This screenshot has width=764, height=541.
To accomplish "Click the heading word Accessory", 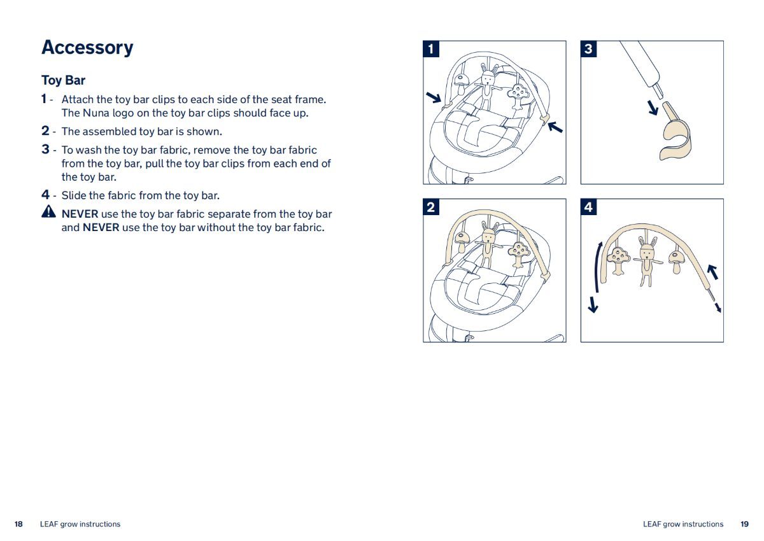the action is pyautogui.click(x=87, y=48).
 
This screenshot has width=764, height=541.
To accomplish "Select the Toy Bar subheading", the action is pyautogui.click(x=63, y=80).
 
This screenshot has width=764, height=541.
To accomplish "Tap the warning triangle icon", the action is pyautogui.click(x=49, y=211).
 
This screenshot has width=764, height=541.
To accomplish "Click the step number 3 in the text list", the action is pyautogui.click(x=45, y=150).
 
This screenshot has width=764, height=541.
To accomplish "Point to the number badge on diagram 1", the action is pyautogui.click(x=431, y=49).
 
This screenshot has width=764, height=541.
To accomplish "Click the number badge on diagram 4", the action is pyautogui.click(x=589, y=207).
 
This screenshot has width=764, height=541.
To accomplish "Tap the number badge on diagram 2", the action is pyautogui.click(x=431, y=207).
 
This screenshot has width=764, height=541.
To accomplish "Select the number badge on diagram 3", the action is pyautogui.click(x=589, y=49).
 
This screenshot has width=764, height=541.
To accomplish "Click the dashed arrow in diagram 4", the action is pyautogui.click(x=717, y=307).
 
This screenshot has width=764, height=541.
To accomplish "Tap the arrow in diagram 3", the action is pyautogui.click(x=653, y=108).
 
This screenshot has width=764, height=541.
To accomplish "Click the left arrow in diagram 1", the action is pyautogui.click(x=434, y=97).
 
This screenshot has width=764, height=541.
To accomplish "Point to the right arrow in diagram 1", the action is pyautogui.click(x=555, y=127).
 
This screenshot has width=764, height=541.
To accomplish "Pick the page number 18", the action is pyautogui.click(x=18, y=524).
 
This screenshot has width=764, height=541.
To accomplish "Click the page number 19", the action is pyautogui.click(x=744, y=524).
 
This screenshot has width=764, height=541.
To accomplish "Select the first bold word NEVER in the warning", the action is pyautogui.click(x=80, y=214).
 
